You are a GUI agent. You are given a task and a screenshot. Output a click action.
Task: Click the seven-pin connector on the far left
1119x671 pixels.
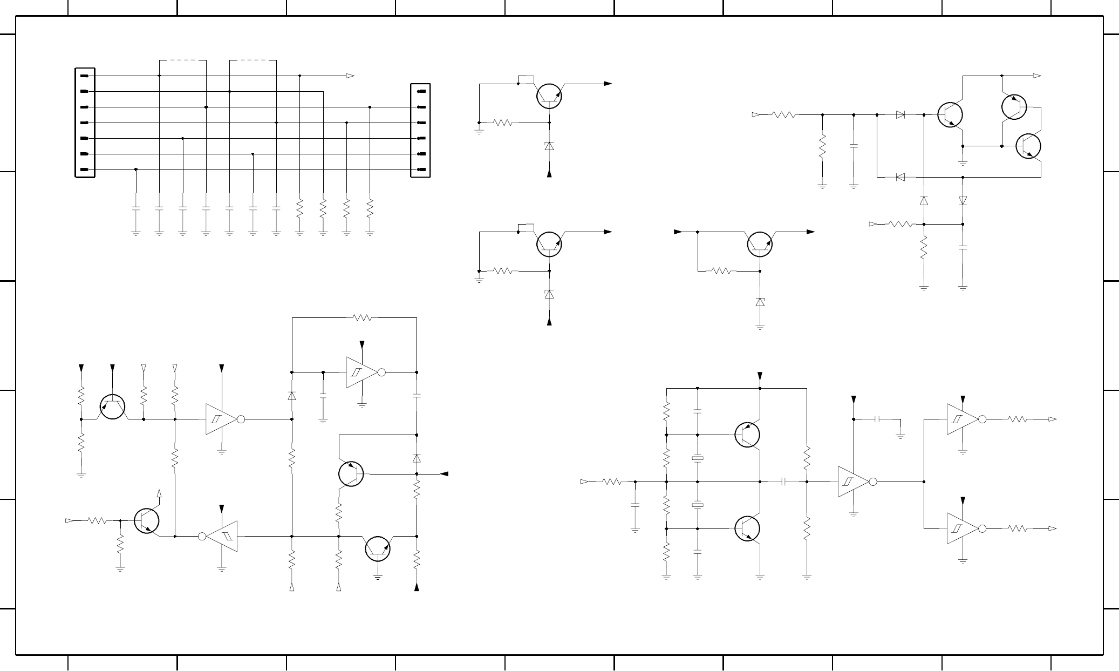tap(85, 123)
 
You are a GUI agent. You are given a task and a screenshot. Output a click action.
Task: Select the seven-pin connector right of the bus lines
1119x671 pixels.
tap(420, 130)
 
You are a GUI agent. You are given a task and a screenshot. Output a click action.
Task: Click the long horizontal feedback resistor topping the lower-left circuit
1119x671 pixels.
tap(362, 318)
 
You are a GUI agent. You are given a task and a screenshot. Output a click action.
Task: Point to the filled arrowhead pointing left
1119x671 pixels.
tap(444, 474)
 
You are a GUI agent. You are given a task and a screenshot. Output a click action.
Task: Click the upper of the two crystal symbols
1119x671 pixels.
tap(698, 458)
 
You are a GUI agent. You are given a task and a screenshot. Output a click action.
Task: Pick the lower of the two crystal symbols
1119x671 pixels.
tap(698, 505)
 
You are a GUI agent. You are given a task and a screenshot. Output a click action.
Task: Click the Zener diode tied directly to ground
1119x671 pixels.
tap(760, 302)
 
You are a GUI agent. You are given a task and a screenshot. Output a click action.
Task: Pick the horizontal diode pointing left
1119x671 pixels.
tap(900, 177)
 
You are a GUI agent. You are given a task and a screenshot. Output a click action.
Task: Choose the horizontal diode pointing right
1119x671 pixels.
tap(900, 114)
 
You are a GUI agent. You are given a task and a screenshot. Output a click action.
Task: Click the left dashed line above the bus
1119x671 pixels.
tap(183, 60)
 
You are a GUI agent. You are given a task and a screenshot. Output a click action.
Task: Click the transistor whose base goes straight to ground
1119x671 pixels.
tap(378, 548)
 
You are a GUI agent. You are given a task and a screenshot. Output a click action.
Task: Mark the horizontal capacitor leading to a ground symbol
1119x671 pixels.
tap(879, 419)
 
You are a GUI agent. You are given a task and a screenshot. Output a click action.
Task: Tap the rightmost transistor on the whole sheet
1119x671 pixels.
tap(1028, 146)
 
